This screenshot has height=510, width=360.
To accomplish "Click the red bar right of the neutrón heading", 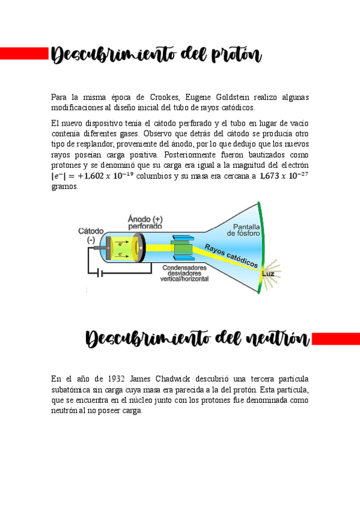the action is point(336,339).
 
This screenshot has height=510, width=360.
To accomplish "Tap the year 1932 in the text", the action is point(118,379).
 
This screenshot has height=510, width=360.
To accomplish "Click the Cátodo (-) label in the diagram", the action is point(91,235).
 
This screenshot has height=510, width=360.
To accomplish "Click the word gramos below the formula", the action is point(64,186).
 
